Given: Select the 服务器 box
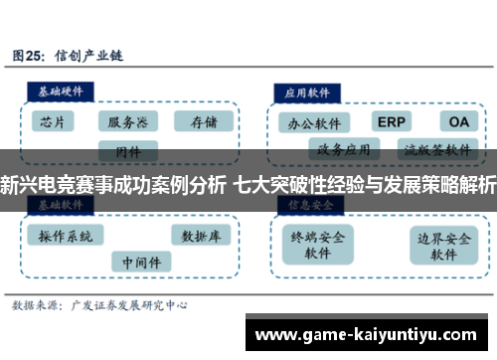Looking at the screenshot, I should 128,122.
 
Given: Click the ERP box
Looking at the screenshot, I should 392,121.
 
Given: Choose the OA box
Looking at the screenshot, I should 457,121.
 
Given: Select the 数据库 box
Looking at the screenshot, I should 203,236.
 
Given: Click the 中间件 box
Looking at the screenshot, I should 140,262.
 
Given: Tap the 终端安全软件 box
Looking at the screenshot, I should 317,246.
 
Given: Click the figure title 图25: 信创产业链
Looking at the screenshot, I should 75,55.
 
